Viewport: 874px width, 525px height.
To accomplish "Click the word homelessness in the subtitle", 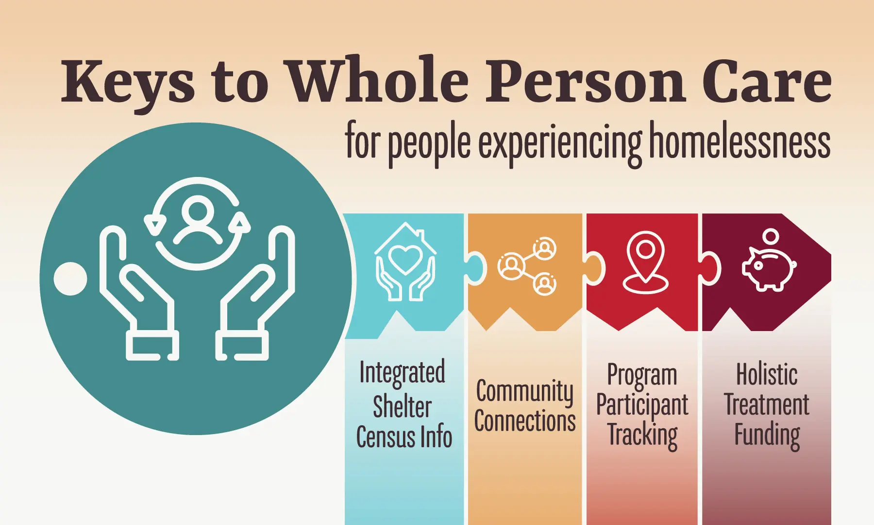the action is (740, 140).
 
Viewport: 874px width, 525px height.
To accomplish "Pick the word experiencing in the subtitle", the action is (560, 144).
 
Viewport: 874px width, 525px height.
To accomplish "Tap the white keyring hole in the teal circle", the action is (70, 279).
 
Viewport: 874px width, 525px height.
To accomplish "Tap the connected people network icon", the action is (527, 266).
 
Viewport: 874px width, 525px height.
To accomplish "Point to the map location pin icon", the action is (645, 262).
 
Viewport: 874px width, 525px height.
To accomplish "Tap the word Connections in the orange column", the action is (525, 421).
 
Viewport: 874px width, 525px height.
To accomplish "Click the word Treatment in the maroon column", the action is (767, 404).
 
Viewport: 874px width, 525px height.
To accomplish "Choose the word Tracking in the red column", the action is (643, 436).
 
